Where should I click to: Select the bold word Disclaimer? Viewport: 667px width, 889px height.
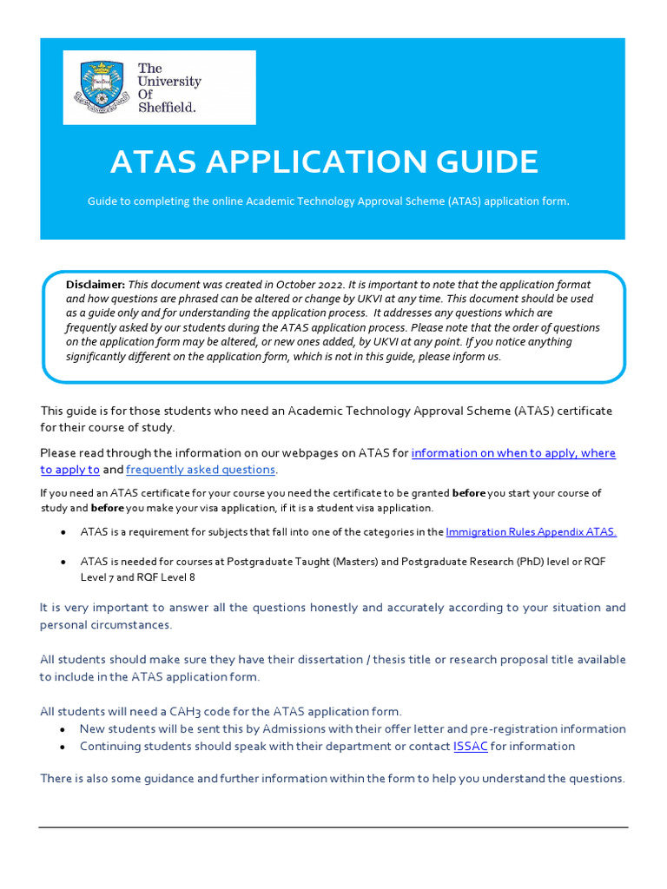[96, 285]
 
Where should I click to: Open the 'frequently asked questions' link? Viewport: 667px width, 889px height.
[201, 470]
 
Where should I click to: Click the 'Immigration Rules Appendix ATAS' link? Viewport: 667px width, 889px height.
[531, 531]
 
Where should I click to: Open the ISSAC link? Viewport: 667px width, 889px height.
[470, 747]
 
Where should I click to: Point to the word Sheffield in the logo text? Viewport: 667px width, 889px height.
[167, 108]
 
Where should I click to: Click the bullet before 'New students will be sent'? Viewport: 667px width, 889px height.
[62, 729]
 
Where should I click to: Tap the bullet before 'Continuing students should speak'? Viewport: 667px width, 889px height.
[62, 747]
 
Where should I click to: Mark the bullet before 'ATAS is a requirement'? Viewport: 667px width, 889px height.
[62, 531]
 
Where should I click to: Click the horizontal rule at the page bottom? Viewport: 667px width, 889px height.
[333, 826]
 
